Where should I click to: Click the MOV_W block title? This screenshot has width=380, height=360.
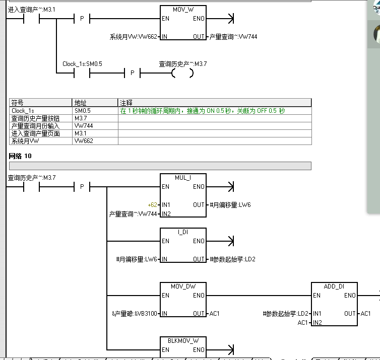tap(182, 10)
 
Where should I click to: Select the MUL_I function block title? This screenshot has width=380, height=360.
tap(182, 178)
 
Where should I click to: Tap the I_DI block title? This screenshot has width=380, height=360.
tap(182, 232)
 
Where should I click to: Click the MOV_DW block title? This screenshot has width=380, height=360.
tap(182, 286)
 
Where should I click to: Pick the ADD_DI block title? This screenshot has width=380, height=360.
tap(334, 286)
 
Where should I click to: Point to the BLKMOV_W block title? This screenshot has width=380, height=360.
tap(182, 341)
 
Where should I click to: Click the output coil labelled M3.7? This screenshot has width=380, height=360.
tap(182, 74)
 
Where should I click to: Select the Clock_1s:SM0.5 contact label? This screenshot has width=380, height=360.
tap(82, 64)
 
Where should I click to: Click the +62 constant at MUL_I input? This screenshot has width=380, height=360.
tap(152, 205)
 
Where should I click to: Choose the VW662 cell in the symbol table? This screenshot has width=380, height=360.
tap(83, 141)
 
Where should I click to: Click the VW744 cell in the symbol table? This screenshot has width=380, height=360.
tap(83, 126)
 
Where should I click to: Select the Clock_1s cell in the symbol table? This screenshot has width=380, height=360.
tap(23, 111)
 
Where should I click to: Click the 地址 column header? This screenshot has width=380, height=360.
tap(80, 103)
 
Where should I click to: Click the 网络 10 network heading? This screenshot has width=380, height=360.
tap(20, 156)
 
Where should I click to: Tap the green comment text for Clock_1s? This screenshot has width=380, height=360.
tap(202, 111)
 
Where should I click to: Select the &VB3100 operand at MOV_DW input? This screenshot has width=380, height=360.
tap(134, 314)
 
